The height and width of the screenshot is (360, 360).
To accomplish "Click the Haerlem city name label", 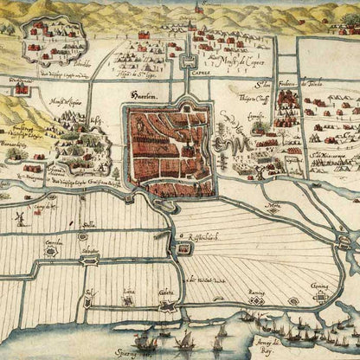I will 139,97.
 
